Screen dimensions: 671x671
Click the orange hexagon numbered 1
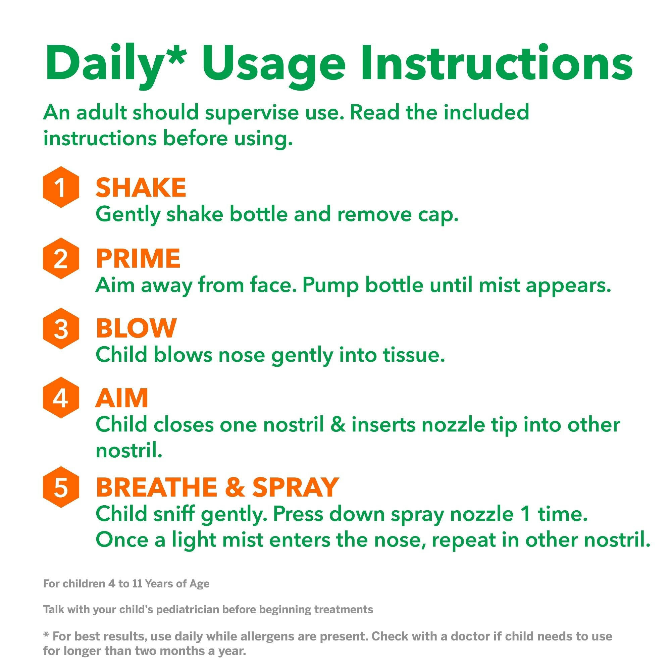click(61, 187)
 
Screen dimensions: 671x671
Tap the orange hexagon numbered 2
click(61, 258)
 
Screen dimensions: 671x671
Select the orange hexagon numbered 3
click(61, 328)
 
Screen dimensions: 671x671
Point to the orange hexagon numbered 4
click(61, 398)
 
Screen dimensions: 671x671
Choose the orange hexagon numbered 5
click(61, 487)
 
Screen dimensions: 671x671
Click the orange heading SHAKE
click(141, 188)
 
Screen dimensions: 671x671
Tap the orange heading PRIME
click(138, 258)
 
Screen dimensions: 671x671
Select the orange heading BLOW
click(136, 328)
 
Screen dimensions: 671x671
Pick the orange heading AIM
click(121, 398)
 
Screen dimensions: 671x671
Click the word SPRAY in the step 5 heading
click(295, 487)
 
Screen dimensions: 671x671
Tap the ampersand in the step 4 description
click(338, 425)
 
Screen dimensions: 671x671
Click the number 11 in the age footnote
click(137, 584)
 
